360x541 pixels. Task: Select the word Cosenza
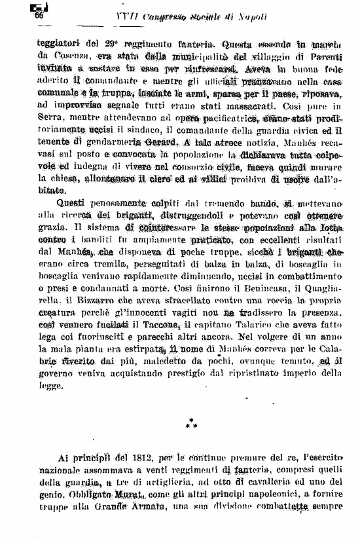(x=56, y=58)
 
